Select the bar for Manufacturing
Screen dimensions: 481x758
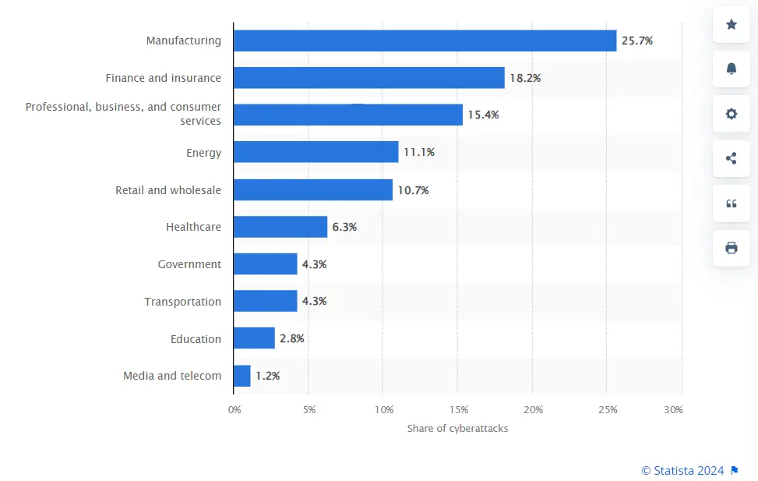point(425,41)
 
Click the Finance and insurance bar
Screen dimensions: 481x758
point(368,78)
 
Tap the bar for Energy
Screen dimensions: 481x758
point(316,152)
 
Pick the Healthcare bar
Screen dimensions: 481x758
point(280,227)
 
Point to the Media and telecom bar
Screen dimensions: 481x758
point(242,376)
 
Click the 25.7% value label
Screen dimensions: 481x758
point(636,41)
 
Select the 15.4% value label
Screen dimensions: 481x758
point(483,115)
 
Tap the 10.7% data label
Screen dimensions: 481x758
point(413,190)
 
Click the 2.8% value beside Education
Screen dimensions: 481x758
point(291,338)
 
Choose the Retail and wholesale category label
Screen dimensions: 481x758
point(168,190)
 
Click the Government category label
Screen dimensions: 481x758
point(189,264)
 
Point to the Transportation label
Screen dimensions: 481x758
point(182,302)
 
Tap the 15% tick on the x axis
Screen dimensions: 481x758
point(458,410)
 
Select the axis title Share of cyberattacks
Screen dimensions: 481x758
point(457,429)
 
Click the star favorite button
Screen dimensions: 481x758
point(732,24)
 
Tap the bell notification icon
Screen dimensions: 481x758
point(732,69)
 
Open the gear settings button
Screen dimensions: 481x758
point(732,114)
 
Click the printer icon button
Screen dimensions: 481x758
point(732,248)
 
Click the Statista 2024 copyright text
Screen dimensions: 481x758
point(682,470)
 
